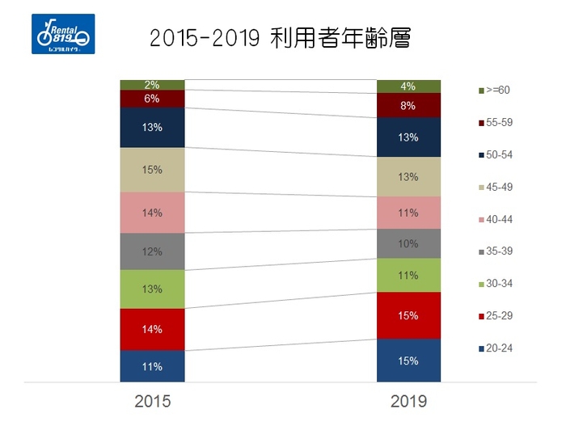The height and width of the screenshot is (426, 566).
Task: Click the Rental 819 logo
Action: pyautogui.click(x=63, y=34)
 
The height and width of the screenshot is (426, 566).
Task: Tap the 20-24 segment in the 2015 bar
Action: pyautogui.click(x=152, y=365)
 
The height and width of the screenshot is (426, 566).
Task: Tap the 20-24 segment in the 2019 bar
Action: pyautogui.click(x=408, y=360)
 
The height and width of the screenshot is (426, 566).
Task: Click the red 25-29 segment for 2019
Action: pyautogui.click(x=408, y=315)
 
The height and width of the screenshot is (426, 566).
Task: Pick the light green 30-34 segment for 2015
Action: pyautogui.click(x=152, y=289)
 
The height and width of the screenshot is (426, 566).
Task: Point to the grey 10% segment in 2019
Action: pyautogui.click(x=408, y=243)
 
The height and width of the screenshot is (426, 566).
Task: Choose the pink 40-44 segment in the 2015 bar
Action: pyautogui.click(x=152, y=213)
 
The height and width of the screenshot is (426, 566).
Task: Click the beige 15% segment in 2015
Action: pyautogui.click(x=152, y=170)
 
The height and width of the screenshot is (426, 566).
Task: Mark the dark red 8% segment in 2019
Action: pyautogui.click(x=408, y=105)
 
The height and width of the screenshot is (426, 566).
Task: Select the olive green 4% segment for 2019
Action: pyautogui.click(x=408, y=86)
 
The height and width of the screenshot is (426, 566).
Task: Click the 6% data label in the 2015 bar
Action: pyautogui.click(x=152, y=99)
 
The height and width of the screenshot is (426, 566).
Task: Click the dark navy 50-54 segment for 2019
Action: pyautogui.click(x=408, y=137)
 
